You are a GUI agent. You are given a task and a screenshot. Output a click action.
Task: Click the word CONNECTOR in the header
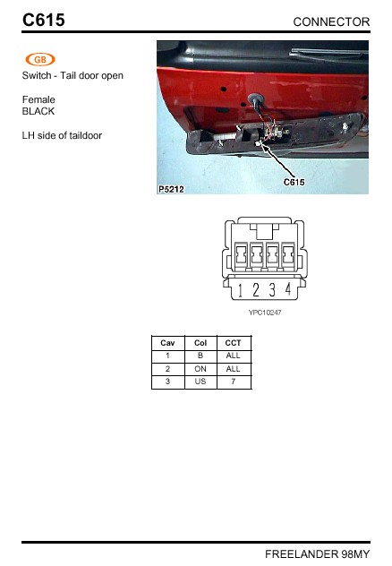(x=331, y=21)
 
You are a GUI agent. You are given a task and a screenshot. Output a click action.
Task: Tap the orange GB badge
(x=40, y=59)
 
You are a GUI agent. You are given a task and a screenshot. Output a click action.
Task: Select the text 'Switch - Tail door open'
(x=72, y=76)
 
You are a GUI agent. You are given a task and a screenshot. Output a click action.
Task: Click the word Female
(x=38, y=99)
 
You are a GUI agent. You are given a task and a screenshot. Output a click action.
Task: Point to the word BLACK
(x=38, y=112)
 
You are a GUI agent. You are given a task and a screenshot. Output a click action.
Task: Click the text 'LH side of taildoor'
(x=62, y=136)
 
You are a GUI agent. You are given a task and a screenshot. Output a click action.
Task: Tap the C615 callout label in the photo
(x=294, y=182)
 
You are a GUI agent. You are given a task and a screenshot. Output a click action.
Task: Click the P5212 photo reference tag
(x=171, y=189)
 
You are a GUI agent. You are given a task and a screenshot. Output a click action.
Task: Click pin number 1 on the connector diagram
(x=241, y=290)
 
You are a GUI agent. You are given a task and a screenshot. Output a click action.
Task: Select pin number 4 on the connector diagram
(x=287, y=290)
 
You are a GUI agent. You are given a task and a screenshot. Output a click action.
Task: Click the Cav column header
(x=167, y=343)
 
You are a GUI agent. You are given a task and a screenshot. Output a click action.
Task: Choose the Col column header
(x=200, y=343)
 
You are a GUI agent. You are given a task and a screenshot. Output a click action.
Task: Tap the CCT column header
(x=234, y=343)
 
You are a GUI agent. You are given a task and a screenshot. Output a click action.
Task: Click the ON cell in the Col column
(x=200, y=368)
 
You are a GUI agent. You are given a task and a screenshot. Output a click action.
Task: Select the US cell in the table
(x=200, y=382)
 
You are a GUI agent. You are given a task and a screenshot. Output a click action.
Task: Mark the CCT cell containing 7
(x=234, y=382)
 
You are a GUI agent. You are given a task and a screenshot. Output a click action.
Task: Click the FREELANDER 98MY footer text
(x=317, y=554)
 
